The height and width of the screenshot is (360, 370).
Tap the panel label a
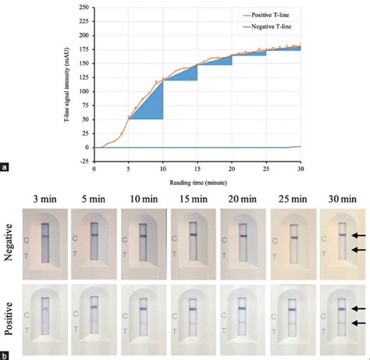6,166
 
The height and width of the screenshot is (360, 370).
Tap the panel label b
6,355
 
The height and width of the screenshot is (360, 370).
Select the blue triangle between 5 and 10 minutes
152,105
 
